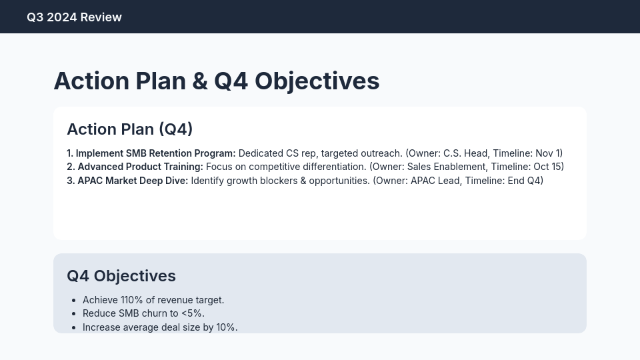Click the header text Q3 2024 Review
tap(74, 17)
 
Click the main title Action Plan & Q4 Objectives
tap(216, 81)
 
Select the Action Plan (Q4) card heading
tap(129, 129)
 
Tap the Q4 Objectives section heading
tap(121, 276)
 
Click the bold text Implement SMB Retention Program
tap(155, 153)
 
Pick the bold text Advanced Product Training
tap(140, 167)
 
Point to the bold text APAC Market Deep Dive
tap(133, 181)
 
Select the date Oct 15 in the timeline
tap(548, 167)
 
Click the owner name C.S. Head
tap(465, 153)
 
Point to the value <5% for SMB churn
tap(191, 313)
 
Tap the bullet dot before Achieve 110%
tap(73, 301)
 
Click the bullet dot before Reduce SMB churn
tap(73, 314)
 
